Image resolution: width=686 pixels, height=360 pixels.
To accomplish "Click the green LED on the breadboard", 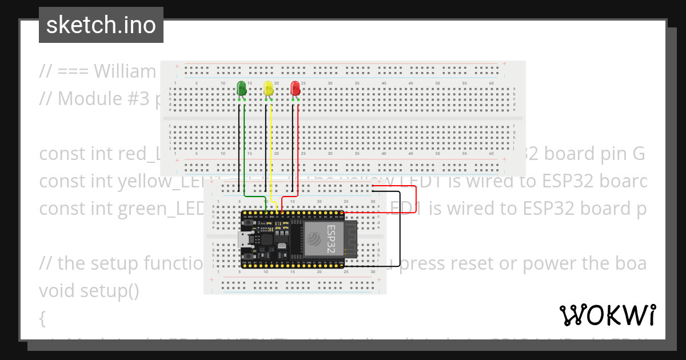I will tap(241, 89).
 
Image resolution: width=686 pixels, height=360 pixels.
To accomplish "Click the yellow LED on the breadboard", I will tap(268, 89).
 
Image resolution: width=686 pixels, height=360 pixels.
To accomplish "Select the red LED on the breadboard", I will tap(295, 89).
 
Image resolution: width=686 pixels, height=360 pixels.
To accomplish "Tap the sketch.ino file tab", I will tap(101, 25).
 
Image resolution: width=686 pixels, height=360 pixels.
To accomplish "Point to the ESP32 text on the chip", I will tap(332, 239).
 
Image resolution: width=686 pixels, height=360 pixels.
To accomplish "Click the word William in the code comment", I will tap(125, 71).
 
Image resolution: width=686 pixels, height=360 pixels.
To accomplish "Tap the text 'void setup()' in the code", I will tap(89, 291).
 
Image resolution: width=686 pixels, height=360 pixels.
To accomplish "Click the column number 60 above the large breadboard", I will tap(492, 83).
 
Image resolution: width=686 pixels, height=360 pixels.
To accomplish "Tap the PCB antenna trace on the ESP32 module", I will tap(350, 239).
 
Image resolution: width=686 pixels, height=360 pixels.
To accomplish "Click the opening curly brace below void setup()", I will tap(42, 318).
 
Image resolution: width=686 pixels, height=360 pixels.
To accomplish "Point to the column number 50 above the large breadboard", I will tap(438, 83).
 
